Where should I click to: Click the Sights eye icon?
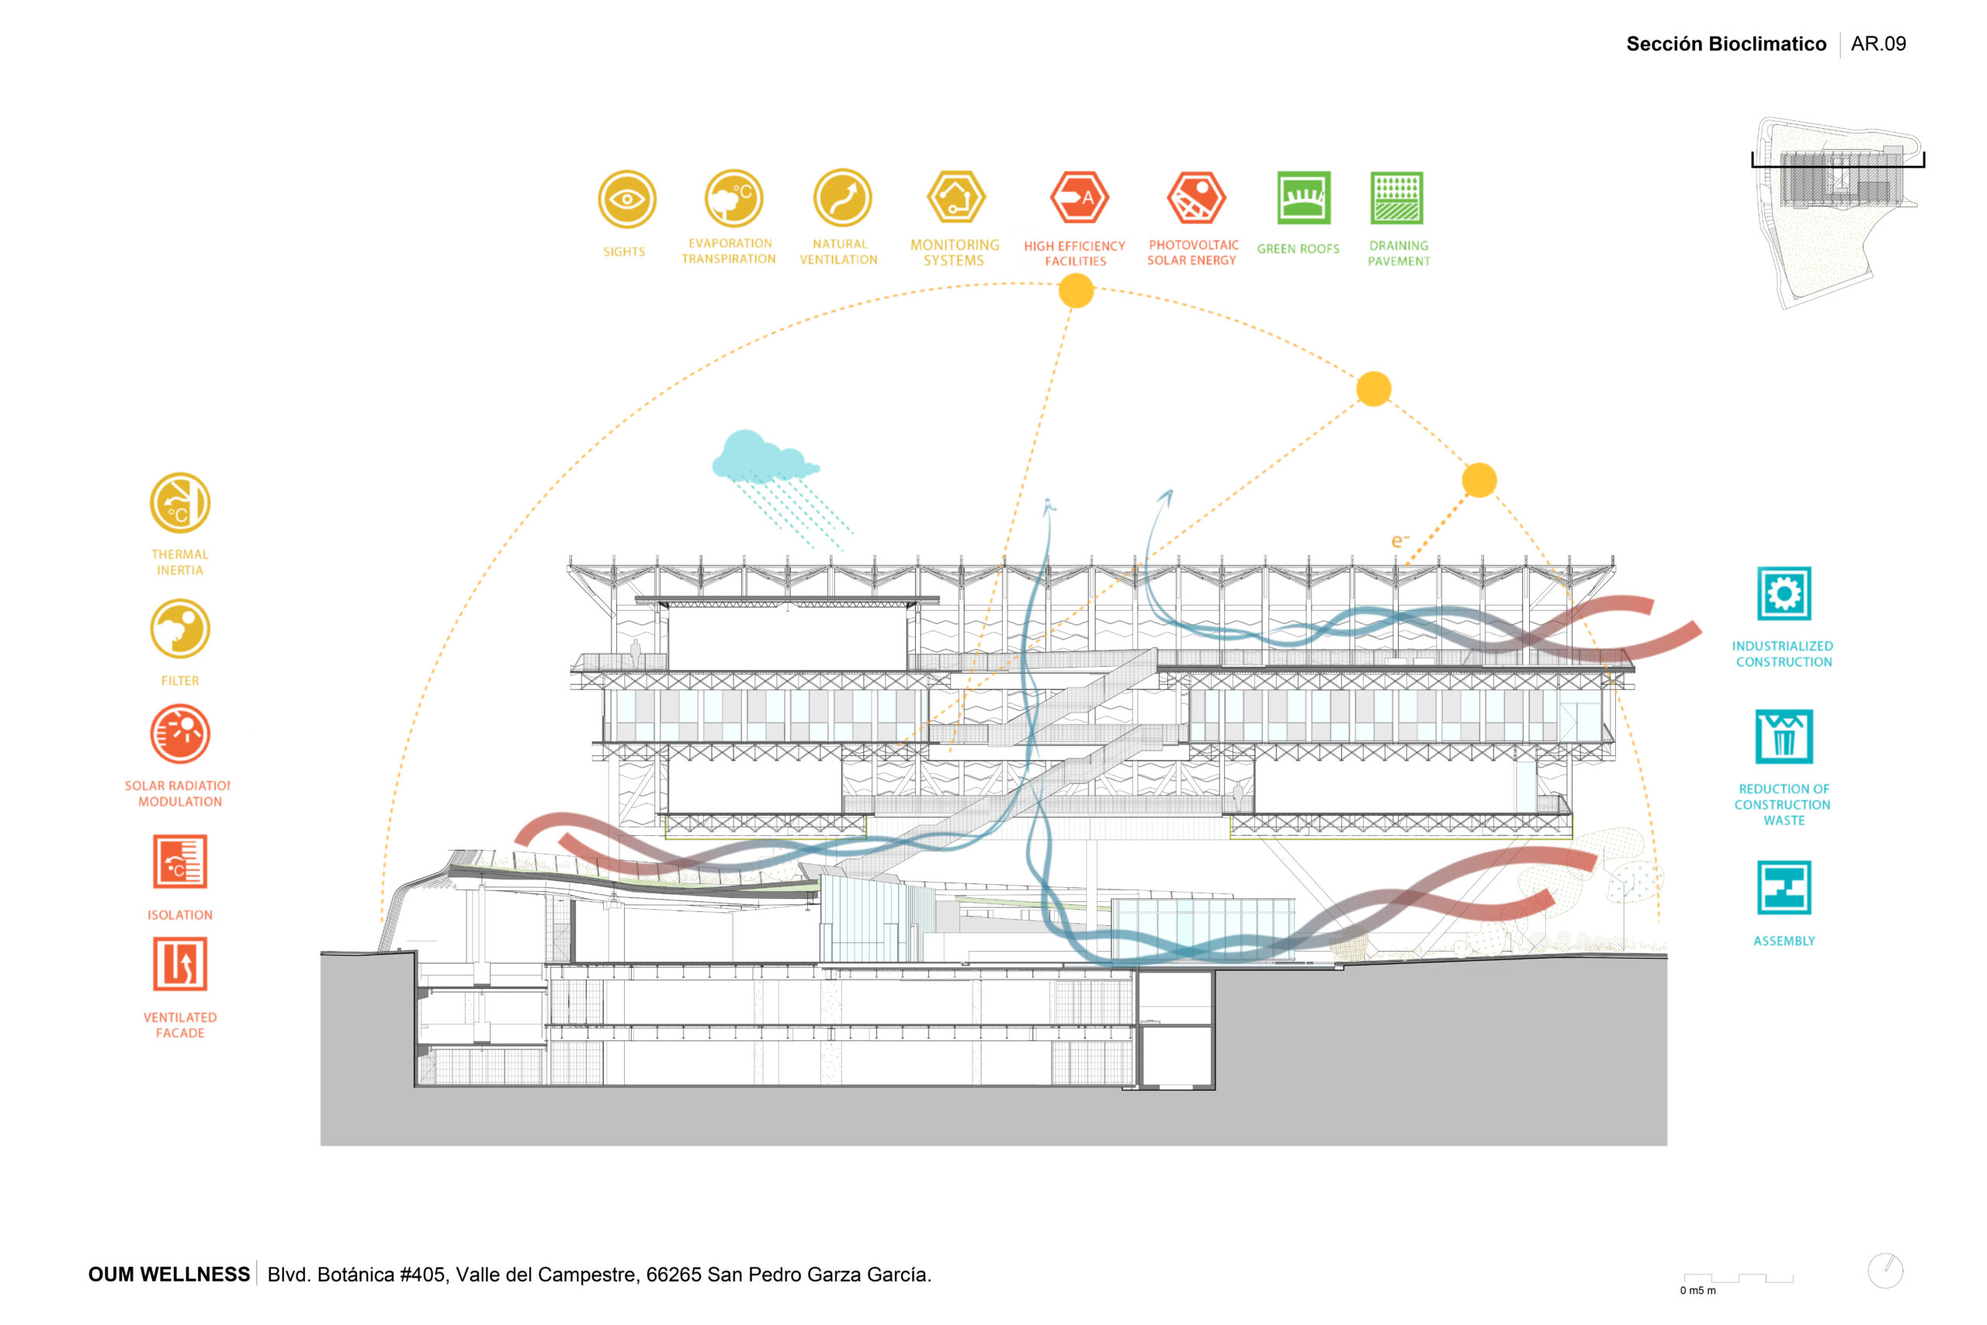pos(627,199)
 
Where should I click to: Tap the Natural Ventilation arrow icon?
pos(842,199)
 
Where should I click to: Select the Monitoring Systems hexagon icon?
pos(955,199)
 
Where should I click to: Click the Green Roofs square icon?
pos(1303,198)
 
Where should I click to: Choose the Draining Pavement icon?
pos(1396,198)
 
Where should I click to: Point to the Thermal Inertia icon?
pos(180,503)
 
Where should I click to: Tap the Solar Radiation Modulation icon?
pos(180,734)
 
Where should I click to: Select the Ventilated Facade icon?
pos(180,963)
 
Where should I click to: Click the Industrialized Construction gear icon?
pos(1784,593)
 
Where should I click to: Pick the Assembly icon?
pos(1784,888)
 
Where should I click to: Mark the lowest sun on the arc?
pos(1479,480)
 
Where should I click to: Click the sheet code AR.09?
pos(1878,44)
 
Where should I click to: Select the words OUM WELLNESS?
pos(169,1275)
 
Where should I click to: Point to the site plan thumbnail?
pos(1837,211)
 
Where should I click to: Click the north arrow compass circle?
pos(1885,1271)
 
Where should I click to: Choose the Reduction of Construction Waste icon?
pos(1784,737)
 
